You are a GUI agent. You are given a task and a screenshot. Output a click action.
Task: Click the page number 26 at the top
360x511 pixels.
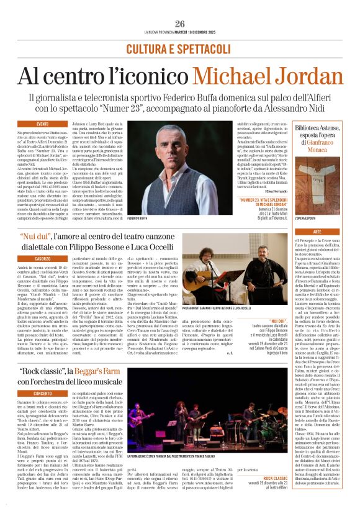[180, 24]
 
